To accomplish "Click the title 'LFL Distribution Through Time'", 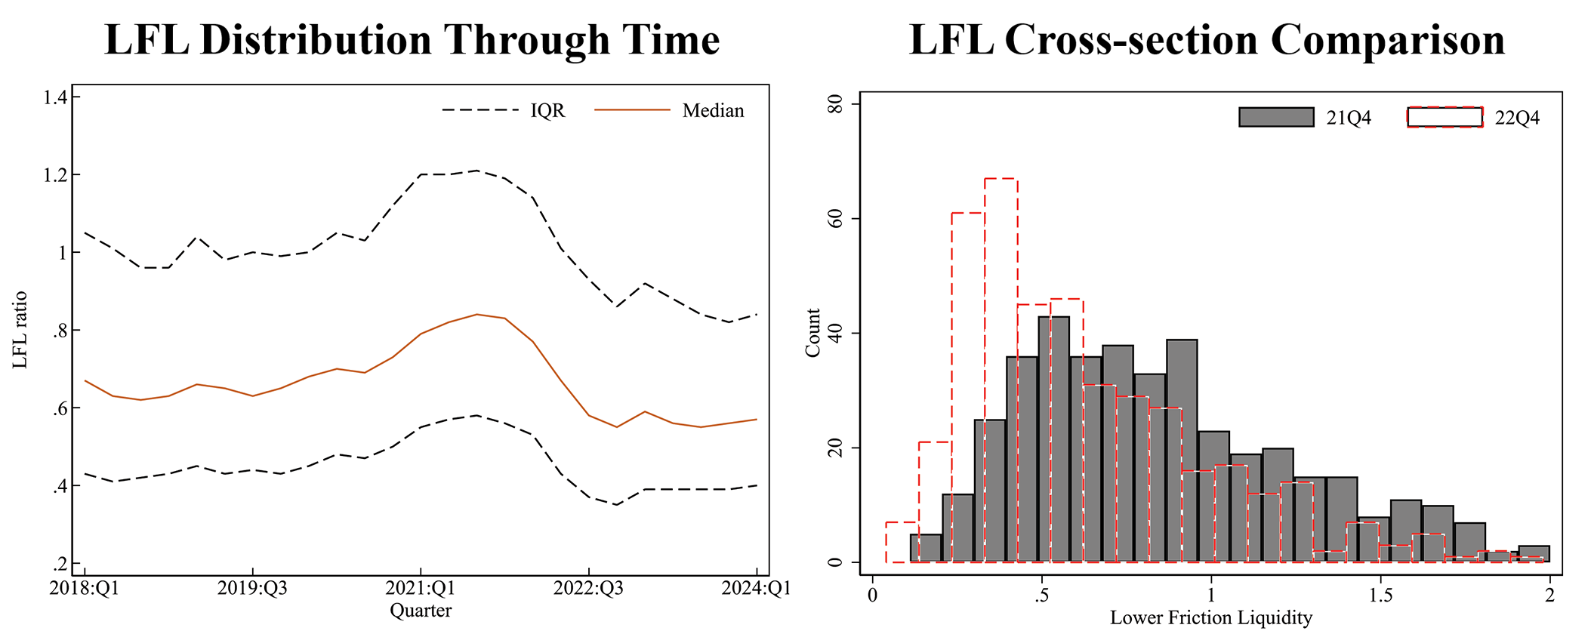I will coord(412,39).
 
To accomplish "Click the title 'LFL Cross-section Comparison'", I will coord(1207,39).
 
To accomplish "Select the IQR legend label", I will coord(547,111).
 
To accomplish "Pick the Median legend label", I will coord(713,111).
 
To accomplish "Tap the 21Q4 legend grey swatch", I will coord(1276,117).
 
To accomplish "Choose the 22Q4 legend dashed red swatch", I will coord(1445,117).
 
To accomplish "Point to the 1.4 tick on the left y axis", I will coord(57,97).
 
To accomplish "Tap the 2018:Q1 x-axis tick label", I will coord(85,589).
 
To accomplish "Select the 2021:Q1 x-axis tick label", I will coord(421,589).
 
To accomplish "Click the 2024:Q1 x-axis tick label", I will coord(757,589).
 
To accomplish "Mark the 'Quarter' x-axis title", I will coord(421,611).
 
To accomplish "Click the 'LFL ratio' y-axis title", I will coord(20,330).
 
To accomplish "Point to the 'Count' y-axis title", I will coord(812,333).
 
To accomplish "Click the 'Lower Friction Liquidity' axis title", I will coord(1211,618).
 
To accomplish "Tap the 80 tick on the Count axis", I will coord(835,104).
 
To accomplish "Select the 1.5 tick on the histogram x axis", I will coord(1380,596).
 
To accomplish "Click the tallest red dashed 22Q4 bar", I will coord(1001,370).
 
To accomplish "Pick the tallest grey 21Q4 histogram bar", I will coord(1054,438).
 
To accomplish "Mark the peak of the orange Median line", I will coord(476,314).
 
